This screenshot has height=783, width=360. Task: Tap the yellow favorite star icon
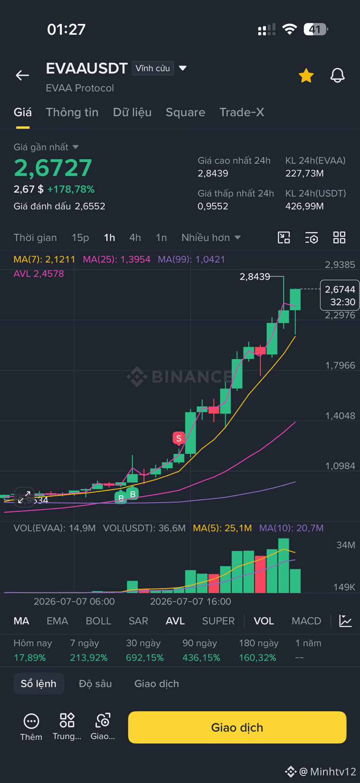306,76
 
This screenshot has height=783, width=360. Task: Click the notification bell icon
337,76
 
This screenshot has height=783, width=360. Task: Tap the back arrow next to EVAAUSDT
23,75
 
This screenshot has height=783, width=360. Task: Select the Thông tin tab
72,112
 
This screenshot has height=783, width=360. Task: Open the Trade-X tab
242,112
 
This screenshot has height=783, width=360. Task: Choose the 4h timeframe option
135,237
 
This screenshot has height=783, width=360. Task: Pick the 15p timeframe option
80,237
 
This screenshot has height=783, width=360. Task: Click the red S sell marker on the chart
179,438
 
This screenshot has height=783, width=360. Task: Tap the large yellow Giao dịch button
237,727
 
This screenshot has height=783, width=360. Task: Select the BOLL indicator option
99,621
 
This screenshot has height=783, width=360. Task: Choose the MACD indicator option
307,621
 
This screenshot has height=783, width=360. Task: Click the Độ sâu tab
95,684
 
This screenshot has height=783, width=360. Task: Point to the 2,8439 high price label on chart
255,277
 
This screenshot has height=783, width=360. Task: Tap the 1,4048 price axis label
340,416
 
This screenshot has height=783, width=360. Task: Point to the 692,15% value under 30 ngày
145,658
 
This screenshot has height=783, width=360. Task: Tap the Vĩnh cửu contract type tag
153,68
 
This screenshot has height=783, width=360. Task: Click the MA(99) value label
191,260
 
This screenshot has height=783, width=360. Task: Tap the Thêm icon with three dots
31,721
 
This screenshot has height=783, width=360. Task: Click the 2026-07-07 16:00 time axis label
190,601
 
